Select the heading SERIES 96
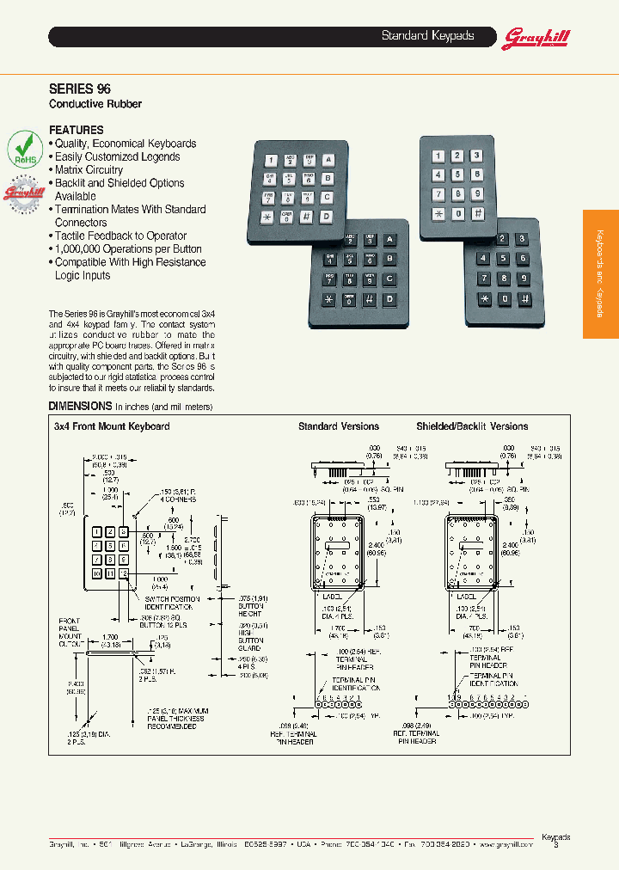click(x=79, y=89)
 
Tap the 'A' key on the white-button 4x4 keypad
click(x=328, y=159)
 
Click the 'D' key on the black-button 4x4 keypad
click(x=389, y=298)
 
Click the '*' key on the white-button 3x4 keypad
click(x=438, y=214)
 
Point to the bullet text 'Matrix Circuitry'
click(x=89, y=170)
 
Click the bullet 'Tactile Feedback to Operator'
click(x=120, y=236)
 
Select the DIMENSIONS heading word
click(x=80, y=406)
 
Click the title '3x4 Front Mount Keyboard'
click(x=112, y=426)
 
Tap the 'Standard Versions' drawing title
click(x=338, y=426)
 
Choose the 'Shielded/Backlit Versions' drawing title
click(x=472, y=426)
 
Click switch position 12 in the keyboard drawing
click(x=125, y=573)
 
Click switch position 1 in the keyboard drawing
click(x=97, y=531)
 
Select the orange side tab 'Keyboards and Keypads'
click(x=600, y=274)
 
